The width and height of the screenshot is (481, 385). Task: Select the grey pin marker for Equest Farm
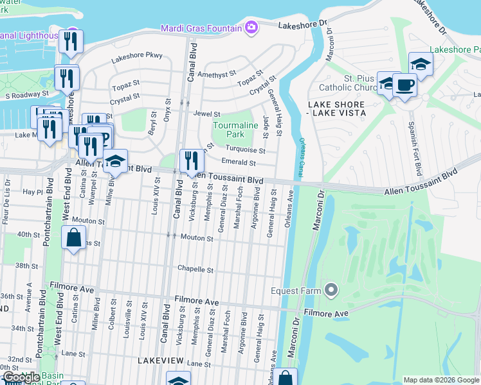coord(331,290)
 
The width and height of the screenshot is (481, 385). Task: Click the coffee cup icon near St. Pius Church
coord(404,85)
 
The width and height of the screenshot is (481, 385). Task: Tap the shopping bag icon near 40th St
coord(74,237)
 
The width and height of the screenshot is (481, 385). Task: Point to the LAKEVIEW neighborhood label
coord(161,361)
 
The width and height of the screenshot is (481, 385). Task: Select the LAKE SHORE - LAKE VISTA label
coord(336,108)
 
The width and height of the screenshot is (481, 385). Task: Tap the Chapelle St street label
coord(195,270)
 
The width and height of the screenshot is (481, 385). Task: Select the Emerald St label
coord(238,162)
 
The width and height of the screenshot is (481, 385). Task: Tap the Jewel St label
coord(206,114)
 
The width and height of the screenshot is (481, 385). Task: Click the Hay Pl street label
coord(32,192)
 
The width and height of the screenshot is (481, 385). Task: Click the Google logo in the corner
coord(21,377)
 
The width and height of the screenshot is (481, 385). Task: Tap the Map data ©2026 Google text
coord(440,380)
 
